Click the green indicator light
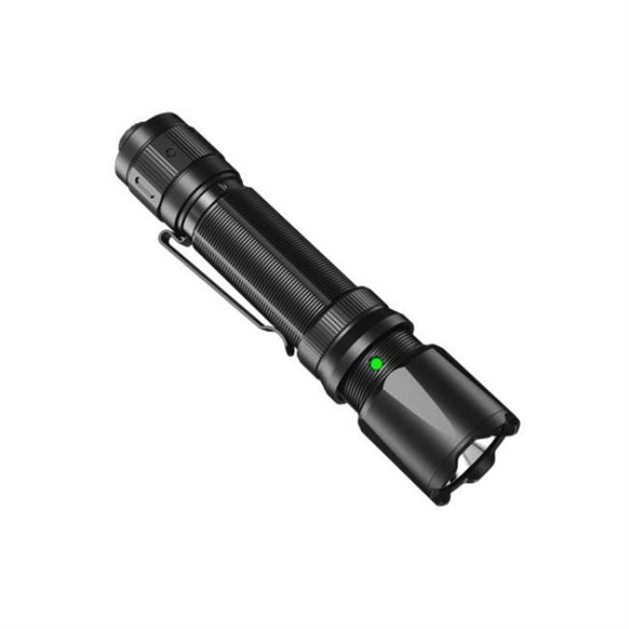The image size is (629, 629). [x=375, y=364]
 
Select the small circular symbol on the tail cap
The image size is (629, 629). [x=170, y=152]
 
